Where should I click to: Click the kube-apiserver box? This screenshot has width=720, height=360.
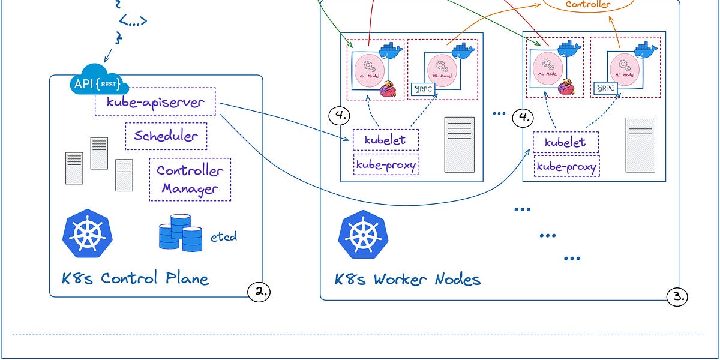[x=155, y=104]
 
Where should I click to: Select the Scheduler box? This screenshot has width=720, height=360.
[x=166, y=136]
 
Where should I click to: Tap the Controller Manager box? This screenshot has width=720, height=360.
[x=190, y=179]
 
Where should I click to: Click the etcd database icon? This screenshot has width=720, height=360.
[x=181, y=233]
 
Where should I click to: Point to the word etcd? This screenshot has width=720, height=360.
[x=224, y=236]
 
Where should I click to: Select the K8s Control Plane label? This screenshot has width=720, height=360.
[x=136, y=278]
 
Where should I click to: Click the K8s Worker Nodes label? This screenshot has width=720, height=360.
[x=408, y=279]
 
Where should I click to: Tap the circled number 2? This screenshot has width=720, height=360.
[x=259, y=292]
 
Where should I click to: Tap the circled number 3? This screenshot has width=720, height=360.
[x=677, y=296]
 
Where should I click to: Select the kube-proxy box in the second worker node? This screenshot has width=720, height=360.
[x=566, y=166]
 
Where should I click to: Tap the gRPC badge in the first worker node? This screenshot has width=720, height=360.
[x=424, y=89]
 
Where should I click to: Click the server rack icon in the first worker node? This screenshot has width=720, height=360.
[x=459, y=144]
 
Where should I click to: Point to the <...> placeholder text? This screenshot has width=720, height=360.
[x=133, y=22]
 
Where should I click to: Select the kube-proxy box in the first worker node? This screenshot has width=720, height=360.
[x=386, y=165]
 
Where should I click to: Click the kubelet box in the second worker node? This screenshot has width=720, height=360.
[x=565, y=143]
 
